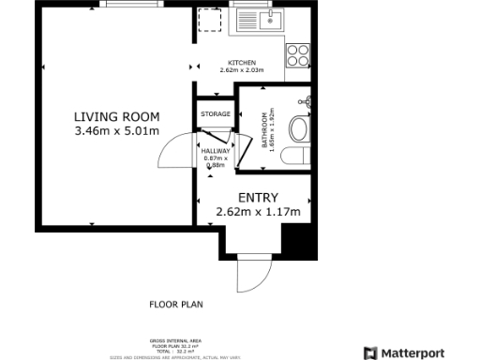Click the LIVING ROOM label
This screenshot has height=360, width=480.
[x=117, y=117]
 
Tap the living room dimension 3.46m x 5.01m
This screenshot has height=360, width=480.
[x=117, y=131]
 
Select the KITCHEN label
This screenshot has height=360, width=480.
[x=242, y=62]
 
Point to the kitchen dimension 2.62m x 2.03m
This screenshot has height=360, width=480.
[x=242, y=70]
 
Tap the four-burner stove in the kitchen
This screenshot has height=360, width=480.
[x=298, y=53]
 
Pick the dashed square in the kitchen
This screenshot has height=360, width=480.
[x=211, y=21]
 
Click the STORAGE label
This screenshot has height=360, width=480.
[x=215, y=114]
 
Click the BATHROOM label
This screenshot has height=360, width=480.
[x=262, y=124]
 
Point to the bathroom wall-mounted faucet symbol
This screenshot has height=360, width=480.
[x=305, y=101]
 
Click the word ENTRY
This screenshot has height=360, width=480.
[x=257, y=198]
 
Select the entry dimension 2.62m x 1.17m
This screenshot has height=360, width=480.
[x=257, y=213]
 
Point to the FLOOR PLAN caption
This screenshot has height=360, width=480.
[x=176, y=304]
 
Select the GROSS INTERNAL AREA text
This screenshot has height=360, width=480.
[x=176, y=340]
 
